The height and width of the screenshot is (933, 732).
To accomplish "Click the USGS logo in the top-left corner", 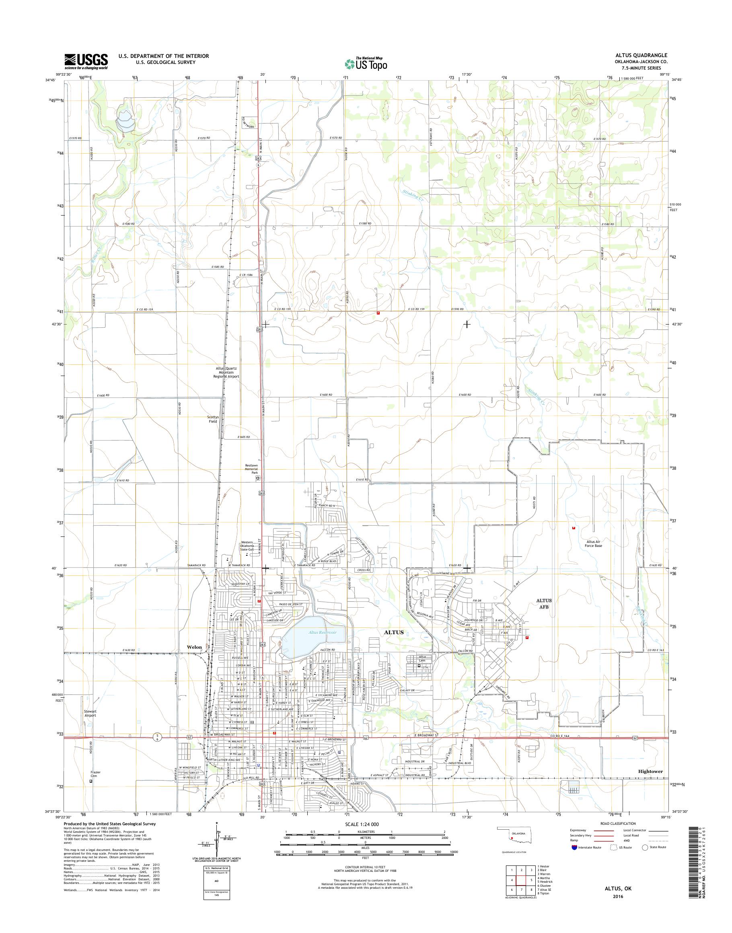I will point(86,61).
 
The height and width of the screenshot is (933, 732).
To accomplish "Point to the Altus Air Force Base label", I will point(594,543).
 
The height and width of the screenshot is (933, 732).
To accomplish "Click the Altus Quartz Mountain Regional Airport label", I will point(227,372).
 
